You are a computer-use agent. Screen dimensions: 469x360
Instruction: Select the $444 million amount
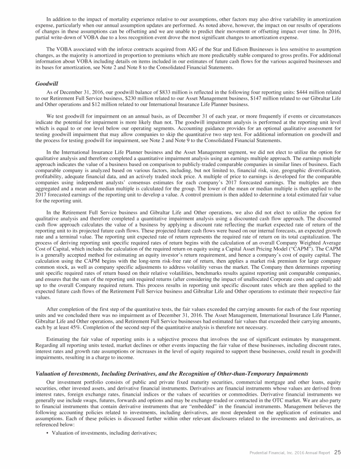tap(281, 93)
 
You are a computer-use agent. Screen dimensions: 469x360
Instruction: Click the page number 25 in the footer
tap(337, 453)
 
